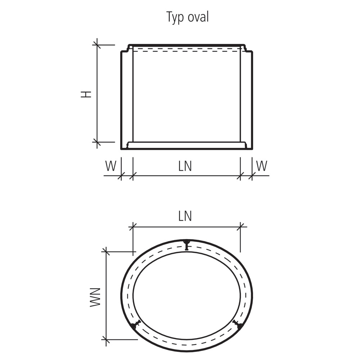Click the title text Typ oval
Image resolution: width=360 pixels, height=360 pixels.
tap(187, 17)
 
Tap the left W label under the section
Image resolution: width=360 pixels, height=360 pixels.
tap(111, 166)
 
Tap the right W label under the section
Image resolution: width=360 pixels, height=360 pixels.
tap(262, 166)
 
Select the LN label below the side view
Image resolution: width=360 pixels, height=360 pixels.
tap(185, 166)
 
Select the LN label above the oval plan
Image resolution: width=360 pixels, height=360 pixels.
tap(185, 216)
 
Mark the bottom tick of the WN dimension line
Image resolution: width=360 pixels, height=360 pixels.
tap(105, 339)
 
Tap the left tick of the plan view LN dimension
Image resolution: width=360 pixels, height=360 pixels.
tap(133, 227)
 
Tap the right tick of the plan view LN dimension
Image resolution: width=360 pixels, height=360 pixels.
tap(240, 227)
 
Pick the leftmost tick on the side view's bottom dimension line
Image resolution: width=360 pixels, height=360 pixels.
tap(121, 176)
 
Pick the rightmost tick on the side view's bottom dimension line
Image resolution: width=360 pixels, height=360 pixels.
tap(252, 176)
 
